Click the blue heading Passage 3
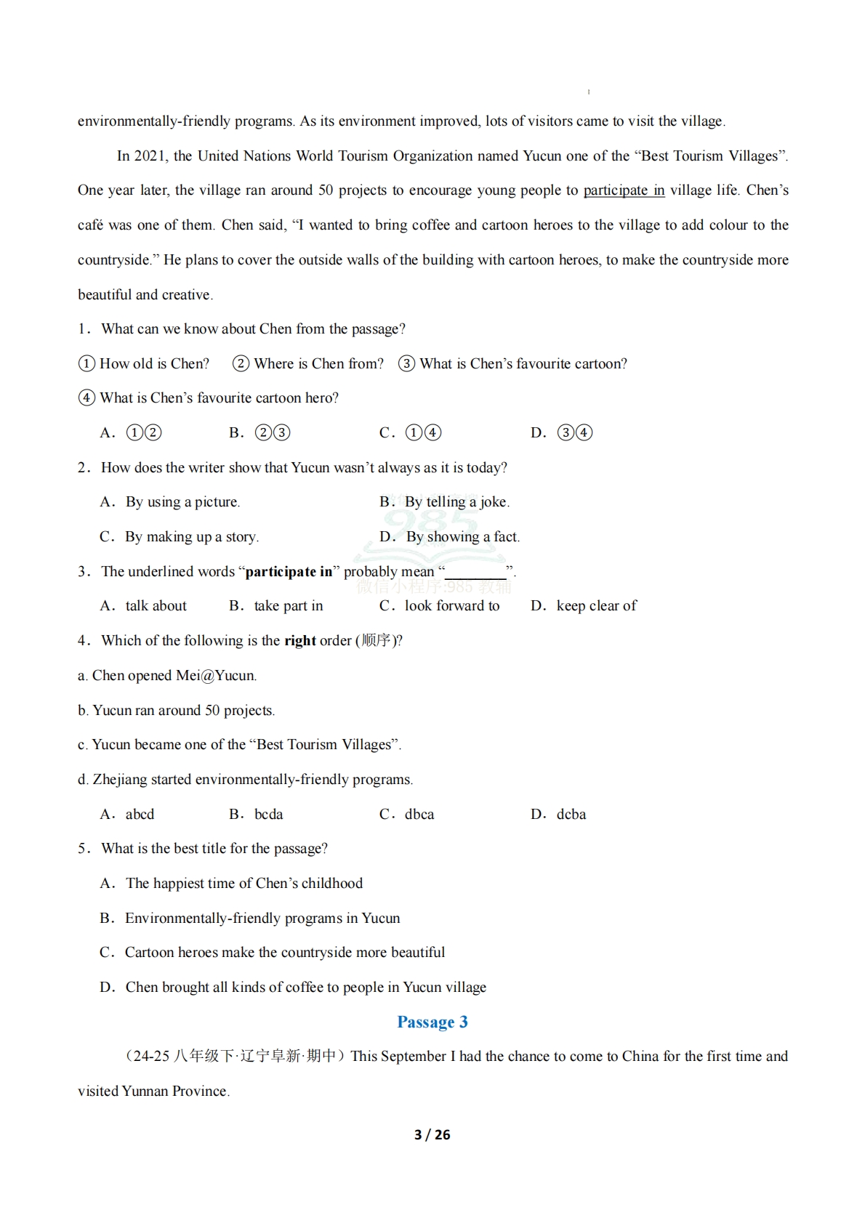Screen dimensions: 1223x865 point(432,1022)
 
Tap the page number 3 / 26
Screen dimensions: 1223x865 point(432,1134)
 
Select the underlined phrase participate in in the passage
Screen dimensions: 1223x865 point(624,190)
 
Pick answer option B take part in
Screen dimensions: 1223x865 point(288,606)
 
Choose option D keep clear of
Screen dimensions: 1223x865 point(596,606)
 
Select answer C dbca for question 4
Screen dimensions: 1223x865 point(419,814)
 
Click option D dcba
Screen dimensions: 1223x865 point(571,814)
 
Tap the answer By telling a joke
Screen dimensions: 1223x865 point(456,502)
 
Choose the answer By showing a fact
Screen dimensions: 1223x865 point(462,537)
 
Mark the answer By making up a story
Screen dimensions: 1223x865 point(191,537)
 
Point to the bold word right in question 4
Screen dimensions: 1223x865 point(299,641)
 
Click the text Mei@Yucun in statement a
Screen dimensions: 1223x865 point(215,676)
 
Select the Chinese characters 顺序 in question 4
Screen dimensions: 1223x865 point(376,641)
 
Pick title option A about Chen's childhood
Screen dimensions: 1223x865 point(244,884)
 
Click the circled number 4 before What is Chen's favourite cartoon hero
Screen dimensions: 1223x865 point(86,398)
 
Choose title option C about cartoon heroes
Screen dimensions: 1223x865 point(284,953)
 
